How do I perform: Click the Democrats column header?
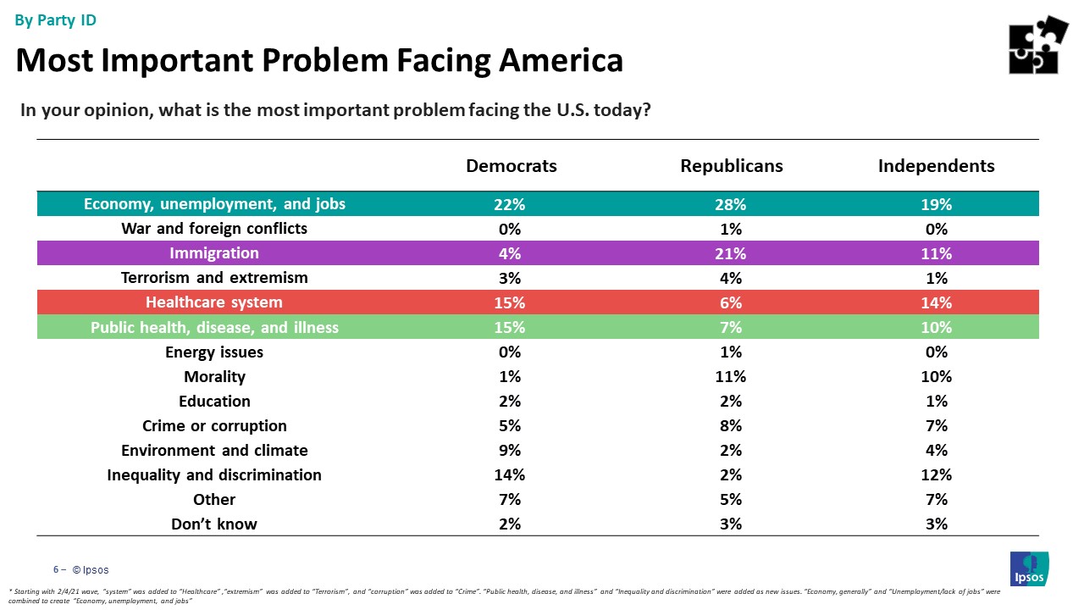[511, 166]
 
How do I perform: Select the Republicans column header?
[731, 166]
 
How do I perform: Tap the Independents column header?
[936, 166]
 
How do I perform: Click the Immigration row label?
[214, 253]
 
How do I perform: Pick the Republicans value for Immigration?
[731, 253]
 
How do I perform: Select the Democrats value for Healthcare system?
[511, 302]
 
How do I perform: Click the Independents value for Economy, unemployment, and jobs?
[937, 204]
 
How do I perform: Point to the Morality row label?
[214, 376]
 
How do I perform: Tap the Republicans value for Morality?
[731, 376]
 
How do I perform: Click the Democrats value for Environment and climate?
[511, 450]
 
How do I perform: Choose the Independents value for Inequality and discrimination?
[937, 474]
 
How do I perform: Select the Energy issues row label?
[214, 352]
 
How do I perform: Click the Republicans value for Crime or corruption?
[731, 425]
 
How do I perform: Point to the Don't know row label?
[214, 524]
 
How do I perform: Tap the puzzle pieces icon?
[1038, 45]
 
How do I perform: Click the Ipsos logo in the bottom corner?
[1029, 568]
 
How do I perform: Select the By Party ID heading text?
[56, 20]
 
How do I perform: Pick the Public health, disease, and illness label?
[214, 327]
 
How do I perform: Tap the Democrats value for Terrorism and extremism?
[511, 278]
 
